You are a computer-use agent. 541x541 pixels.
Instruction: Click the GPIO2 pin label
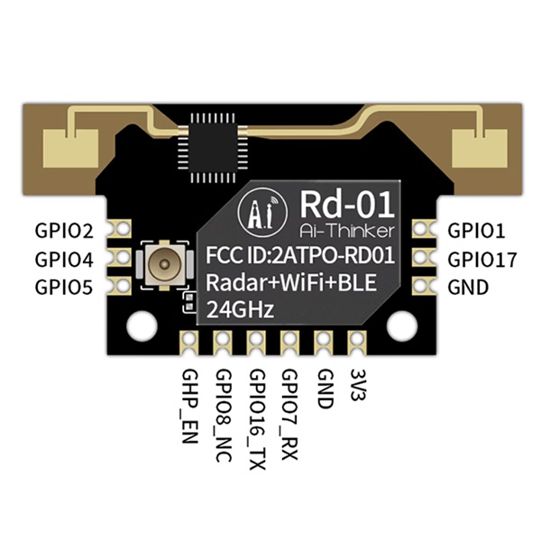(63, 230)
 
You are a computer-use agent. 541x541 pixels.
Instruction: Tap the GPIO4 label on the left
(63, 260)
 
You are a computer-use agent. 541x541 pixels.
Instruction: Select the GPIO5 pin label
(63, 289)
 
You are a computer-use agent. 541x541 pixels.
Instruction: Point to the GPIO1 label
(477, 230)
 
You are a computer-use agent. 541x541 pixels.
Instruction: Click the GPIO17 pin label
(482, 260)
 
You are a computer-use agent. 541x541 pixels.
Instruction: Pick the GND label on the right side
(468, 289)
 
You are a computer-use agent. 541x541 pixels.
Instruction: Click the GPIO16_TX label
(257, 416)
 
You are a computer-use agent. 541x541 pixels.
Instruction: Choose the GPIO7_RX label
(290, 410)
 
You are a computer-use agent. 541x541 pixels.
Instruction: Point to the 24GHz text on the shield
(243, 310)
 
